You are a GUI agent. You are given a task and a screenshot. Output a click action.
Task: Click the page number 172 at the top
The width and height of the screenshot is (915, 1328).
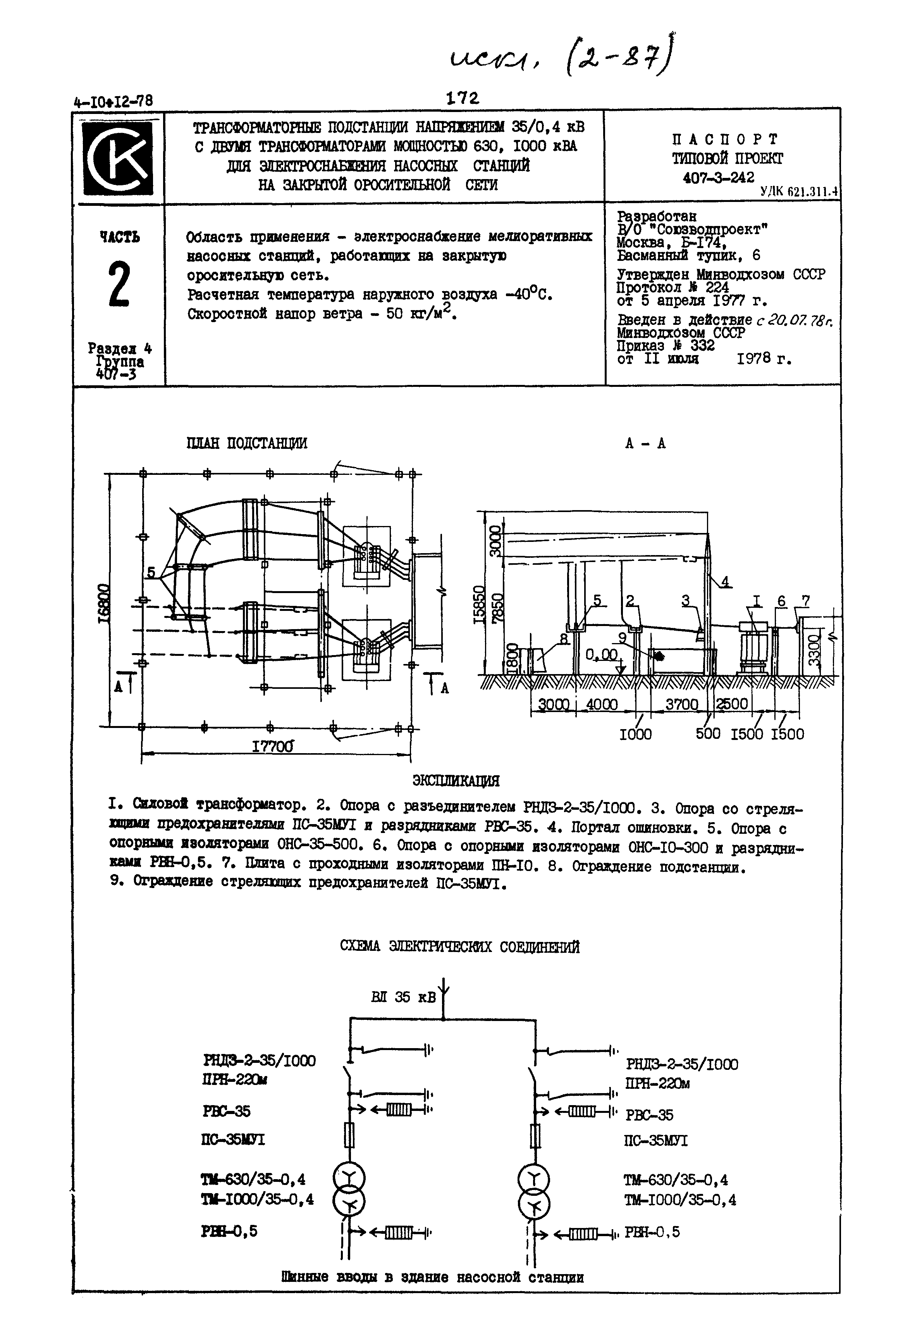tap(462, 99)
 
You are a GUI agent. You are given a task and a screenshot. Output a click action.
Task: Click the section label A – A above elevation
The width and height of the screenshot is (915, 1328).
tap(645, 443)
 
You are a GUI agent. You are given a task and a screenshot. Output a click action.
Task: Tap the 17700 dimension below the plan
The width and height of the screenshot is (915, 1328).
tap(272, 746)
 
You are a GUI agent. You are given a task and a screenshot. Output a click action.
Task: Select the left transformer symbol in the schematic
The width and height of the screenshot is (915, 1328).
tap(349, 1191)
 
